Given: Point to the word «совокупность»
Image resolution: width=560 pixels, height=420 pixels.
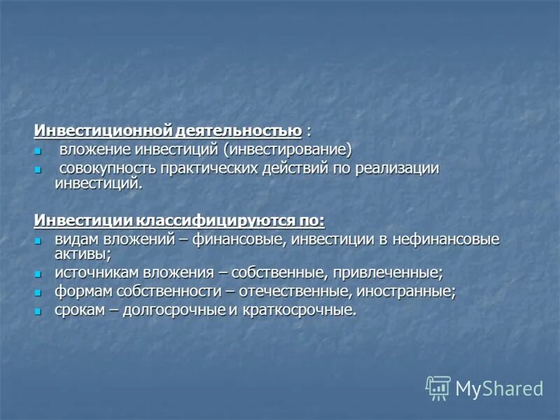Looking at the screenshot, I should tap(106, 169).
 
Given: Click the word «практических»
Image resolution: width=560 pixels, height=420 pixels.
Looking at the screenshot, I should tap(211, 169).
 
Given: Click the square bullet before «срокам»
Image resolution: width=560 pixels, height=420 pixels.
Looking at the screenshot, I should tap(39, 311).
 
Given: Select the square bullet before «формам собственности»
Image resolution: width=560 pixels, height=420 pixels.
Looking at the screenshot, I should tap(39, 292).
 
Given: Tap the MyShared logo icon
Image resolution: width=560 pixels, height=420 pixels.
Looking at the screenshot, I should tap(438, 388).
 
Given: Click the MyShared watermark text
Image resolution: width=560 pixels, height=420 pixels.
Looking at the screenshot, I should tap(499, 388).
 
